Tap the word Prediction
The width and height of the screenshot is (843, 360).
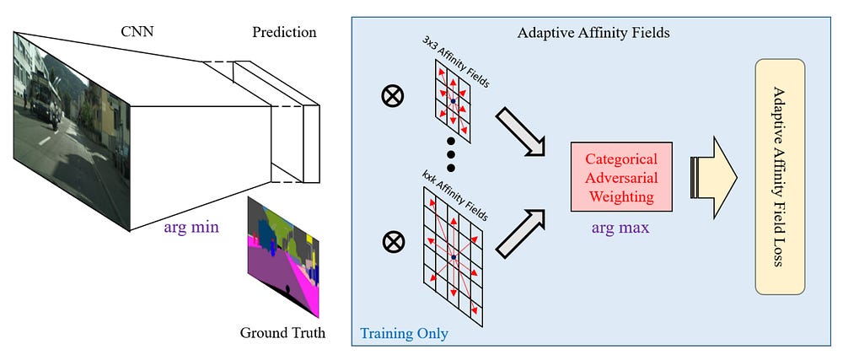coord(284,33)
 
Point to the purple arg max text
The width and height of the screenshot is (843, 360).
coord(620,227)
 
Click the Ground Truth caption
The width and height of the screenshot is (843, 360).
coord(282,331)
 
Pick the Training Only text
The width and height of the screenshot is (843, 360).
coord(405,333)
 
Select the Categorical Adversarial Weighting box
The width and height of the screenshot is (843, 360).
coord(620,178)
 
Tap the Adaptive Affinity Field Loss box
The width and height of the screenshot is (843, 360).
coord(780,176)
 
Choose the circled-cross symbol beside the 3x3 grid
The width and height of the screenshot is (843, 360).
coord(392,97)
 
